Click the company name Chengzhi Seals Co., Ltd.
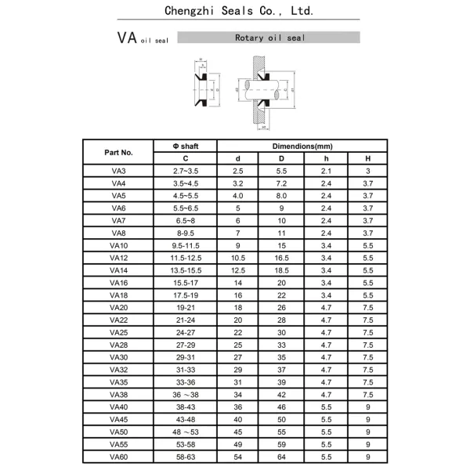240,11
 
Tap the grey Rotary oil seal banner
269,37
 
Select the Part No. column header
118,152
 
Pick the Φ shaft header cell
186,146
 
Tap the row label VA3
118,170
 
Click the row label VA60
118,456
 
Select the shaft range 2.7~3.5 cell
186,170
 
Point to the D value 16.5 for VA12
282,257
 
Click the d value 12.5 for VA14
238,269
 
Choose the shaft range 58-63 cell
186,456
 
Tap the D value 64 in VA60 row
282,456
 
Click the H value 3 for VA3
367,170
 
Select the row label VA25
118,331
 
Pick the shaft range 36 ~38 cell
186,394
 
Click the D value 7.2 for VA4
282,183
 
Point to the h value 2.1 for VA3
326,170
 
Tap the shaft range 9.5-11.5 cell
186,244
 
